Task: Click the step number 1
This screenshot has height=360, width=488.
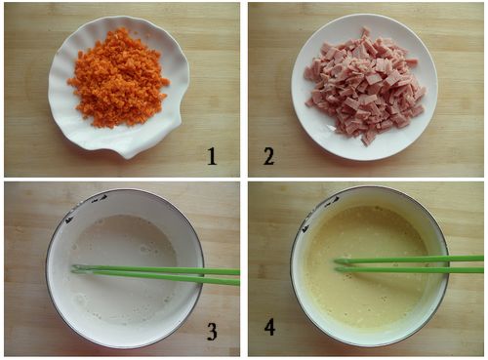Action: click(x=212, y=156)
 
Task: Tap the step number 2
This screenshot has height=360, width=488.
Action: click(x=268, y=156)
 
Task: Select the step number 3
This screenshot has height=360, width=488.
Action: click(x=212, y=331)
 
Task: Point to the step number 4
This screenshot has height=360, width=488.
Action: click(x=269, y=327)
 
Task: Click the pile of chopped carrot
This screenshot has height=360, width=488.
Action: click(x=119, y=78)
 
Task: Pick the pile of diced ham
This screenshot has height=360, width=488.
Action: click(x=365, y=85)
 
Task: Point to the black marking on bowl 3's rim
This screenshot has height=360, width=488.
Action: click(x=84, y=207)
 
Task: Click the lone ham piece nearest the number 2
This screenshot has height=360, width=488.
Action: click(x=368, y=140)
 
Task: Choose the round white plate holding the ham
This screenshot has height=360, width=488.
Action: click(x=364, y=87)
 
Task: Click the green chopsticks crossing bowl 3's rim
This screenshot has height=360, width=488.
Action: click(x=199, y=275)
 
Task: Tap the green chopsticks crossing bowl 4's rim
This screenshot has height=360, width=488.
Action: click(x=444, y=264)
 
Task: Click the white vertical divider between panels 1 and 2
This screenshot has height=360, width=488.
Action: click(x=244, y=90)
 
